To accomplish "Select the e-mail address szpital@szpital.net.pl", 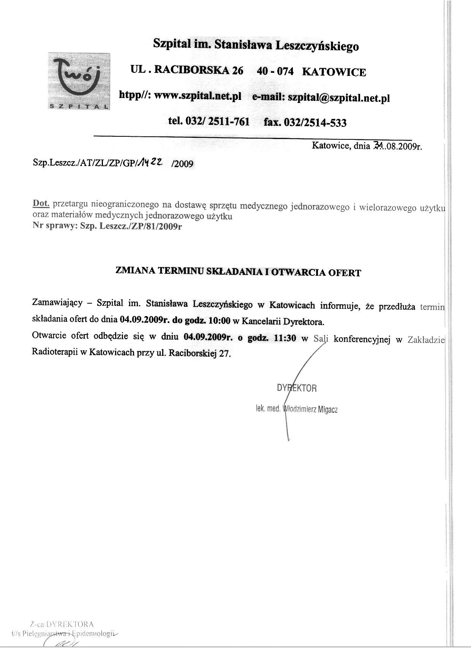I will pyautogui.click(x=339, y=98).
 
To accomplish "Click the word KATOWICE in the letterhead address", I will pyautogui.click(x=334, y=72).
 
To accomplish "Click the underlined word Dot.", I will pyautogui.click(x=41, y=203).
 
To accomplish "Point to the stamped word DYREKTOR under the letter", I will pyautogui.click(x=297, y=388).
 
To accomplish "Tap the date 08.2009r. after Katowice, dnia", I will pyautogui.click(x=403, y=146).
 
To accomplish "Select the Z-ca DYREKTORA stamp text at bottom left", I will pyautogui.click(x=62, y=624).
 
